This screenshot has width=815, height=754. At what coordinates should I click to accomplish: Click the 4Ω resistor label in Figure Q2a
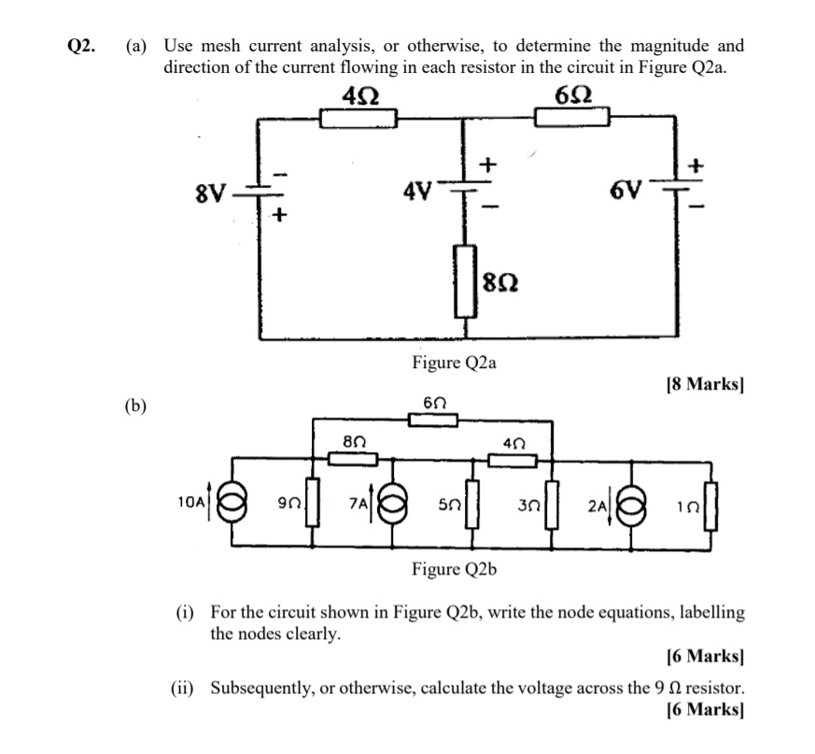(x=359, y=95)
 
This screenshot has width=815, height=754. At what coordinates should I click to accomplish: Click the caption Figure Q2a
(x=454, y=363)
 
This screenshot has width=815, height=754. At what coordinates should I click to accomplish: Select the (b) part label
(x=137, y=405)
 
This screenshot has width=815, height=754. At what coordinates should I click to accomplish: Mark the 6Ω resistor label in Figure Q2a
(x=572, y=95)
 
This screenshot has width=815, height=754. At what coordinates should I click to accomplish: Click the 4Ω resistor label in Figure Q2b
(x=513, y=441)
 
